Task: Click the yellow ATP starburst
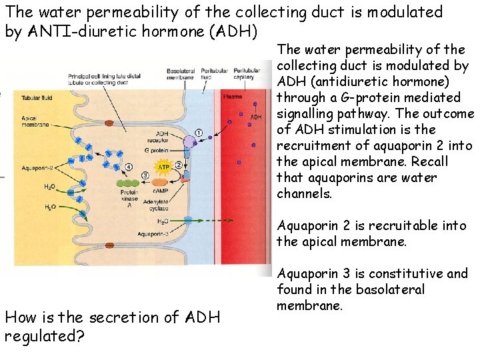coord(163,167)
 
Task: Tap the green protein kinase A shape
coord(128,182)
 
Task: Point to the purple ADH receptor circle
coord(190,141)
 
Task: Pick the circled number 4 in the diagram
coord(129,167)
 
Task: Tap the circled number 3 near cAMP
coord(146,175)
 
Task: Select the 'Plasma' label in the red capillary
coord(233,97)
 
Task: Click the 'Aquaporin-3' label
coord(153,234)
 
